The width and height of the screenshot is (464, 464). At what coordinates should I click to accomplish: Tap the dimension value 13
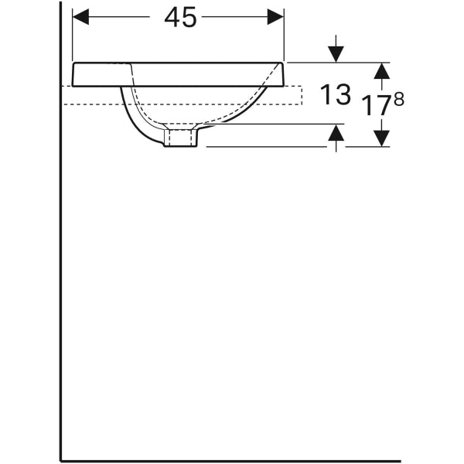335,95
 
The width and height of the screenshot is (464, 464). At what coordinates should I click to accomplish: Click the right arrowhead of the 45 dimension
276,17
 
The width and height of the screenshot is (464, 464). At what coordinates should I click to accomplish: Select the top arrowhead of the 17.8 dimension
380,70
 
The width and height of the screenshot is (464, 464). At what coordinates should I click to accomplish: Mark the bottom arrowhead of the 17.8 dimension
380,138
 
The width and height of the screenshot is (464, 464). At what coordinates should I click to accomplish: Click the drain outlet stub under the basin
182,138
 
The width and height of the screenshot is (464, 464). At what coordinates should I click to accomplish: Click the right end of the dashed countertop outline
302,95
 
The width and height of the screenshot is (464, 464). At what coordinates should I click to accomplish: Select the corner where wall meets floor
61,460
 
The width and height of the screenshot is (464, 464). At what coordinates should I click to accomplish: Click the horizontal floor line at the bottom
232,460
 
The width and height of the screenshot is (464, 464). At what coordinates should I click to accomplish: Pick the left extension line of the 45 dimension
72,35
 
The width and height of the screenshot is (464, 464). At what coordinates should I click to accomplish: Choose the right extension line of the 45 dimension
285,35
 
